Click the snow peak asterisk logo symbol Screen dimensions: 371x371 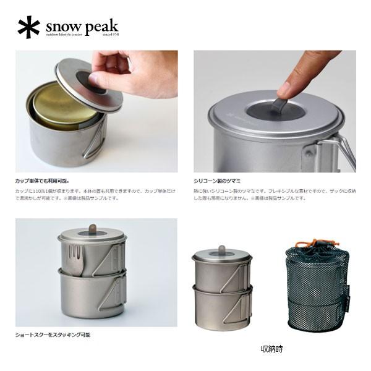(x=28, y=28)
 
